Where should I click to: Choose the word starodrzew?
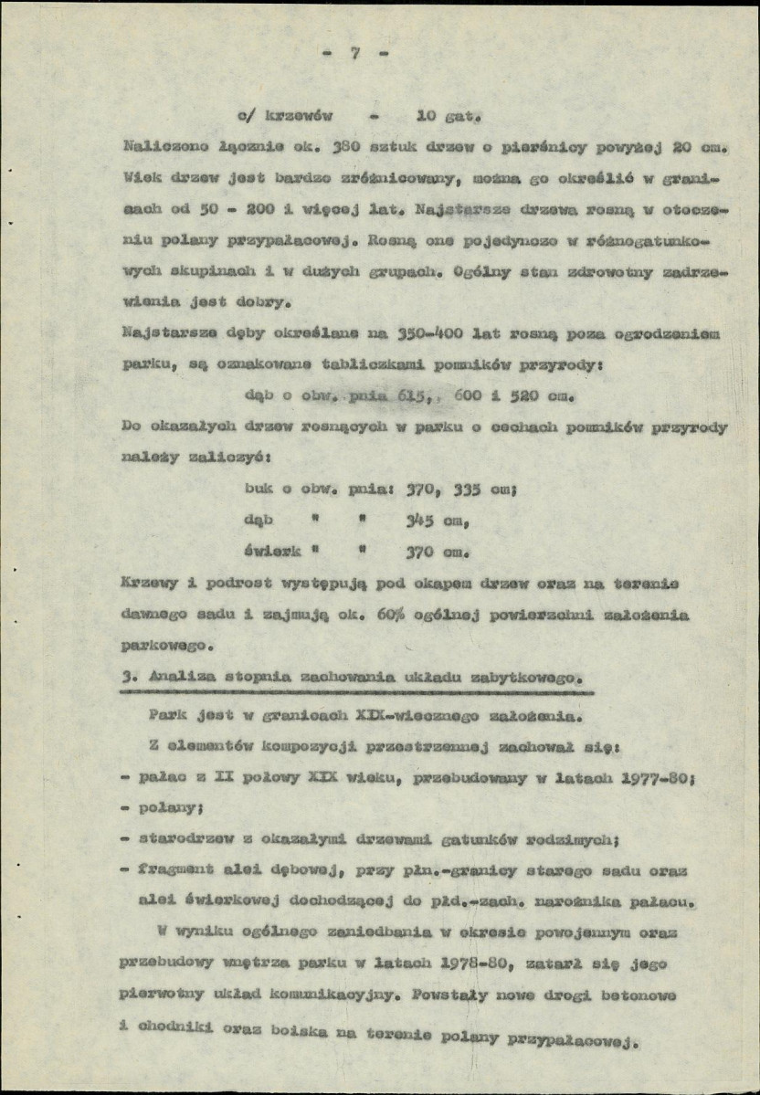pyautogui.click(x=183, y=840)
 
